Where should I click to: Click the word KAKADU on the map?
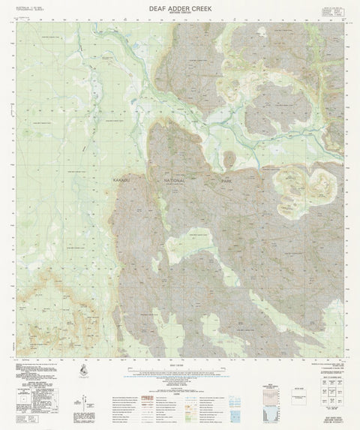(x=121, y=182)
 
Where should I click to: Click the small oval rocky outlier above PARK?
(x=228, y=158)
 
